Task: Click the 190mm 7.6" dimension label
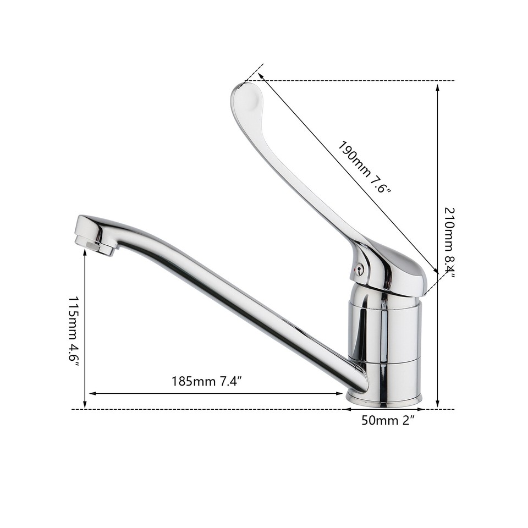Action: coord(364,167)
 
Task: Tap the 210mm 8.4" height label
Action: coord(449,242)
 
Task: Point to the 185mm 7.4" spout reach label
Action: coord(207,381)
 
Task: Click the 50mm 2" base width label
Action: coord(387,421)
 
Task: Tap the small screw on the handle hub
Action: coord(359,269)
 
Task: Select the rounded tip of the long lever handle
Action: coord(245,97)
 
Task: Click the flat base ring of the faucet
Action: coord(384,398)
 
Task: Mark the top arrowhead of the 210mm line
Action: coord(438,86)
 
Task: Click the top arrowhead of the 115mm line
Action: coord(85,253)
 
